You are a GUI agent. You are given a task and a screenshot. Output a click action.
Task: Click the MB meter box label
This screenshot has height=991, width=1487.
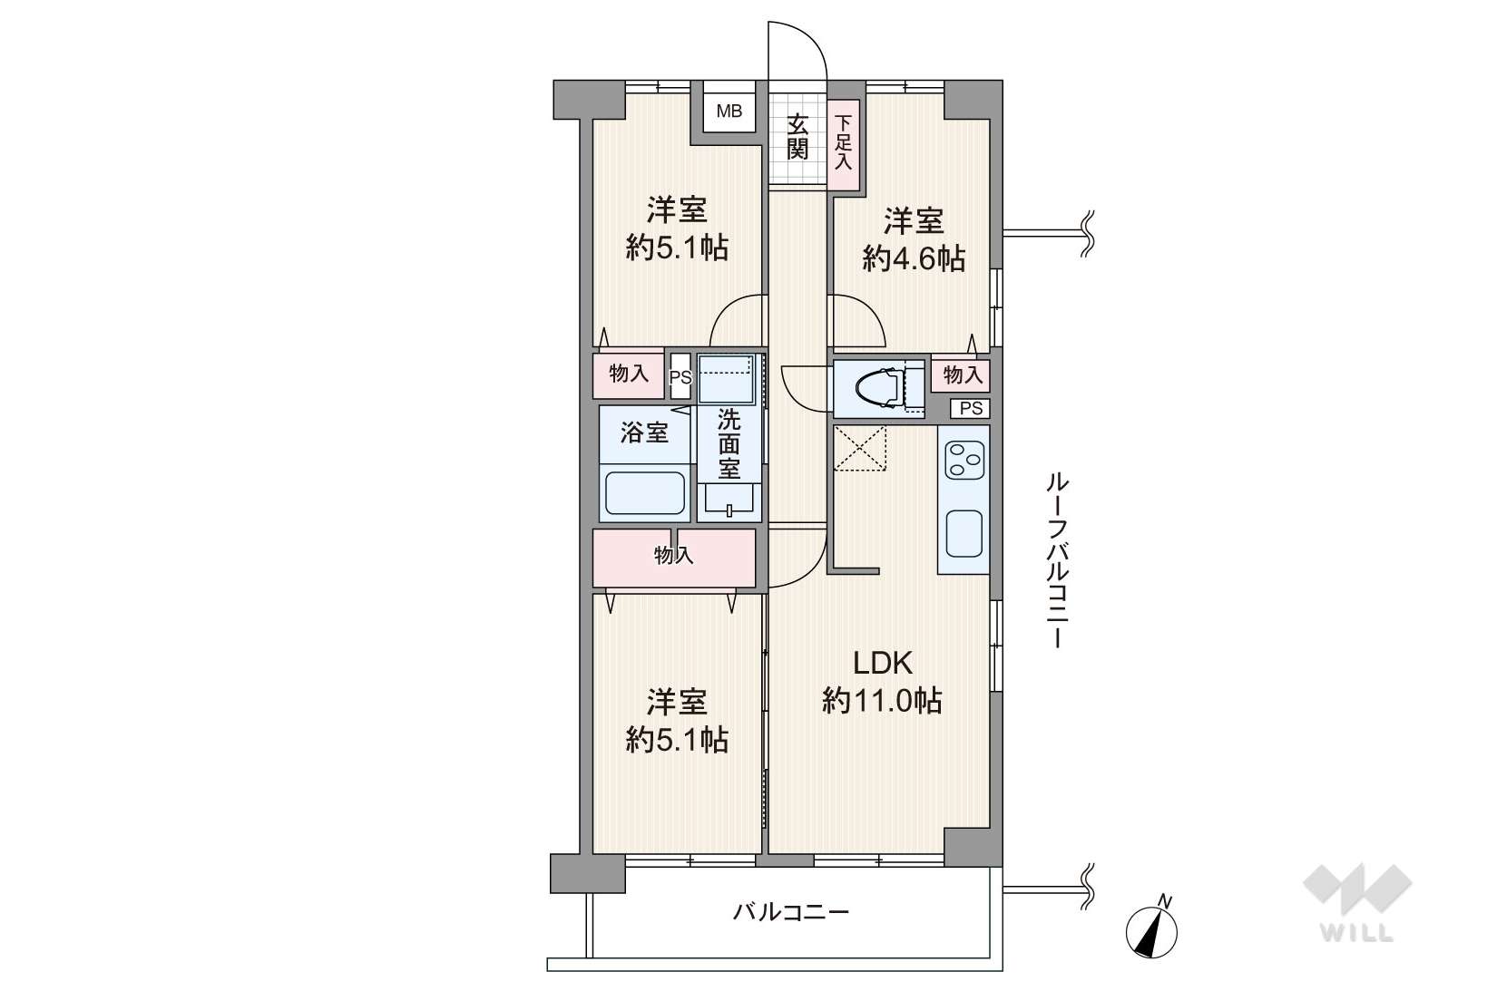pos(729,112)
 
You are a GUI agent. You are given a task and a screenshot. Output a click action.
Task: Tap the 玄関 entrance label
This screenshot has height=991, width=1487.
pos(797,137)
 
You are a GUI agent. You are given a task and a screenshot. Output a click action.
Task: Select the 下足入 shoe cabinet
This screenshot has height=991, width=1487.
pos(843,144)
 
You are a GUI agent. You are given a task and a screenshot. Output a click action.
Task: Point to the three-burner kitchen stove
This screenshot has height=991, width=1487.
pos(964,460)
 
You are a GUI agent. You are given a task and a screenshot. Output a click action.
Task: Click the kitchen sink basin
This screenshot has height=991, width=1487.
pos(964,533)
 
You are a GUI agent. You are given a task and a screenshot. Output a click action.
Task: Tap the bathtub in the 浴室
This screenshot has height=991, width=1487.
pos(644,492)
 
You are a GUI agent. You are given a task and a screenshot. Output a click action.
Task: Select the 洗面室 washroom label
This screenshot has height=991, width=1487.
pos(729,443)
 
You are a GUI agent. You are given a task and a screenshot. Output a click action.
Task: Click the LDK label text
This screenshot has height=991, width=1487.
pos(882,662)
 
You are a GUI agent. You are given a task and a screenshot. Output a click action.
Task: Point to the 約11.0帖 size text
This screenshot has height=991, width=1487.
pos(882,700)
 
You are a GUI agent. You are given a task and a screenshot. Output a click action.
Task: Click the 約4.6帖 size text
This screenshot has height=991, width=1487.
pos(914,258)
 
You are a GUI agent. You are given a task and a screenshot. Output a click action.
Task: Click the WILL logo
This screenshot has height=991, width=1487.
pos(1356,902)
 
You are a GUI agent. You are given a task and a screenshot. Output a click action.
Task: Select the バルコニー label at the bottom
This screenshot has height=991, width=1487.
pos(790,912)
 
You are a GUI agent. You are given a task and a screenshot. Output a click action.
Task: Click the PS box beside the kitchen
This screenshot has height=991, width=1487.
pos(970,409)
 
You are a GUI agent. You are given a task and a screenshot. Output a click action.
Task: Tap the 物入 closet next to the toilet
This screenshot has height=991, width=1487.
pos(961,375)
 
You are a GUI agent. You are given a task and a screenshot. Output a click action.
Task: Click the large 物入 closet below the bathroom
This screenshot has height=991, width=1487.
pos(674,558)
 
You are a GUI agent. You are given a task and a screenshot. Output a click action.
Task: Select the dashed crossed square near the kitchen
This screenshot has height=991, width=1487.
pos(860,449)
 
